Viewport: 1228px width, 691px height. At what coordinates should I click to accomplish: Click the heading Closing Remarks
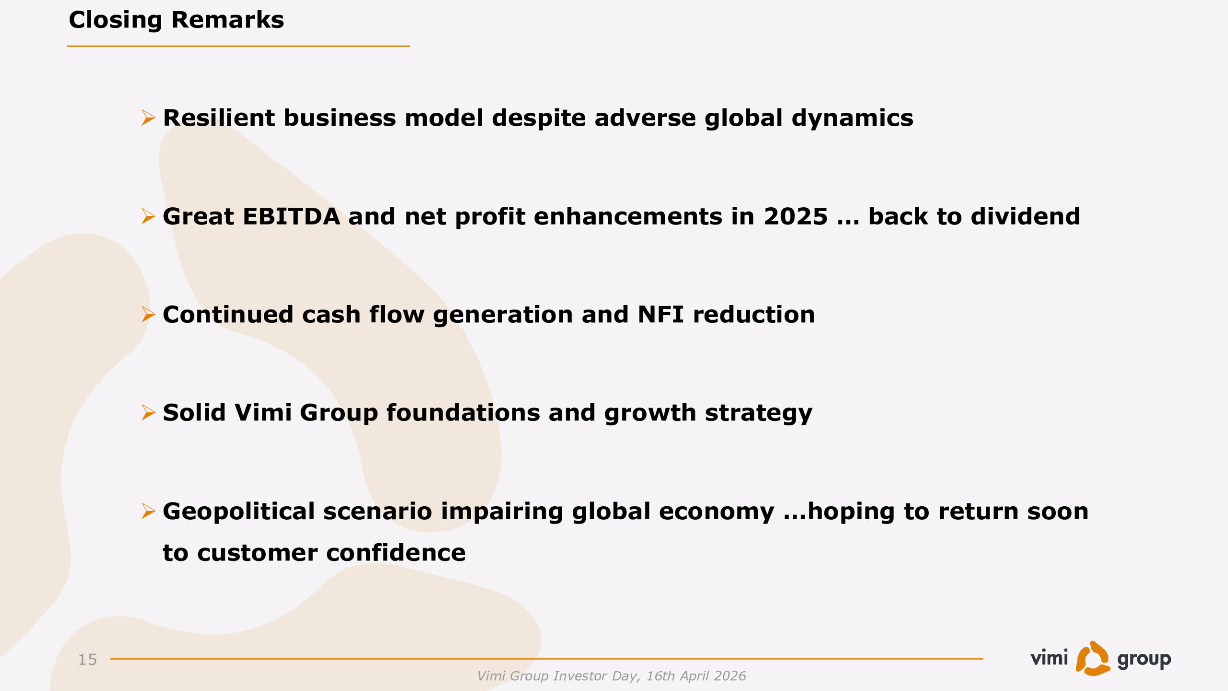pos(176,20)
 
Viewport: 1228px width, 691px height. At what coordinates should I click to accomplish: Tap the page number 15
pos(88,659)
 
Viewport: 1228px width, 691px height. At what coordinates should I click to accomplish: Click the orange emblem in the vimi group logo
pos(1092,658)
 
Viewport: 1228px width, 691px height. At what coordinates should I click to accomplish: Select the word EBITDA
pos(292,216)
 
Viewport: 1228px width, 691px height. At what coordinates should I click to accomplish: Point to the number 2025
pos(796,216)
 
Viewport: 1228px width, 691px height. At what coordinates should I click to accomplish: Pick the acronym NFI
pos(661,315)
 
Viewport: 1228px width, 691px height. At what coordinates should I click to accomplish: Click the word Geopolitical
pos(239,512)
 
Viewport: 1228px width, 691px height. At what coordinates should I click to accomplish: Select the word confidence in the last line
pos(396,553)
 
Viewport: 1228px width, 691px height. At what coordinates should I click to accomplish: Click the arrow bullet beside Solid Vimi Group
pos(148,413)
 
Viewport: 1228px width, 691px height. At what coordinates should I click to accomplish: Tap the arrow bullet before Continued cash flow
pos(148,315)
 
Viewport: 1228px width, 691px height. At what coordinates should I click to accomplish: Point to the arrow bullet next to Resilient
pos(148,118)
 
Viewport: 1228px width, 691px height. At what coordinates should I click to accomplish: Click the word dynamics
pos(852,119)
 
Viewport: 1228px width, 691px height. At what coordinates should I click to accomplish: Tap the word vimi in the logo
pos(1049,658)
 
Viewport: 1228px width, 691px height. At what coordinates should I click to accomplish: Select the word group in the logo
pos(1144,660)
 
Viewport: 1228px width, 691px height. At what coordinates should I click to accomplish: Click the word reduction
pos(754,315)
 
